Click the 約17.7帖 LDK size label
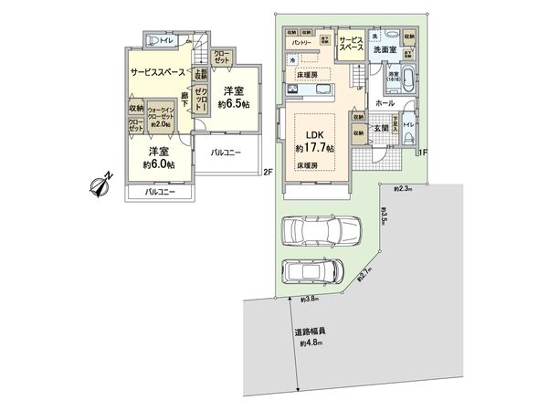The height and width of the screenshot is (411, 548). (x=314, y=146)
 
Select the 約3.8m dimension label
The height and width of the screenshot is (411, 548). (x=309, y=300)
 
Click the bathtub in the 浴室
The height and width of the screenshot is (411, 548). (x=406, y=79)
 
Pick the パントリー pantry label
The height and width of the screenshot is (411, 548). (x=304, y=43)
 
